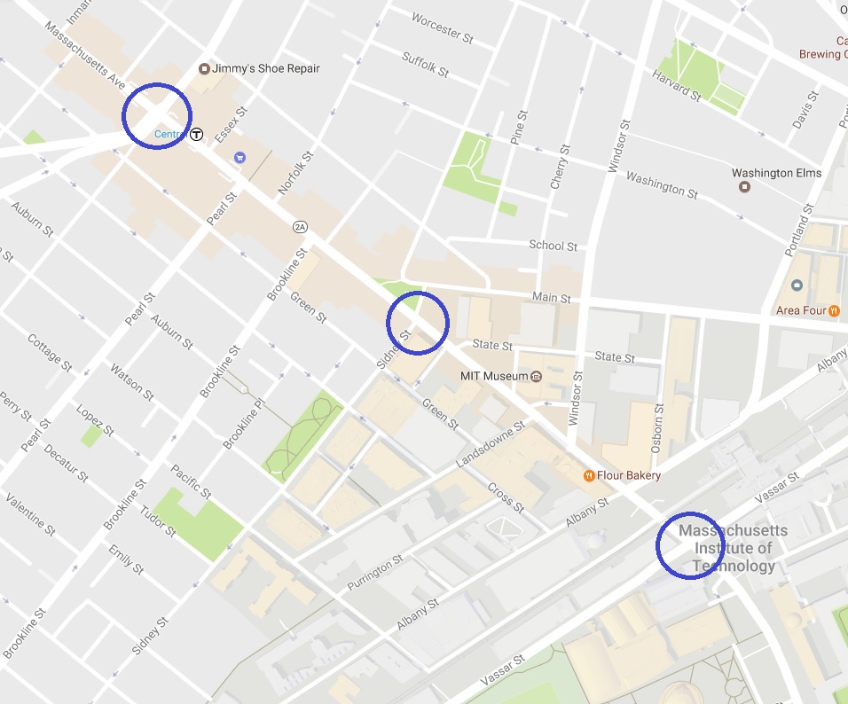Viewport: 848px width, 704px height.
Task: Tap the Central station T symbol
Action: pos(197,135)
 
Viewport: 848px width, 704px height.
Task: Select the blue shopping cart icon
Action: pos(239,157)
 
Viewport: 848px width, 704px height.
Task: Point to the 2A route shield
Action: pos(300,227)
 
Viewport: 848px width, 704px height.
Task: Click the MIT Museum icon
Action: pos(537,377)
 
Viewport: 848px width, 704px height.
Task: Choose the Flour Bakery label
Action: pos(628,476)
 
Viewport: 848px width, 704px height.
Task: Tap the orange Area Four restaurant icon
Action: pos(834,311)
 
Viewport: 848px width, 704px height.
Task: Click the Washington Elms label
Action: pos(776,173)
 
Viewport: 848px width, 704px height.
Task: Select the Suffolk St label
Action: pos(427,64)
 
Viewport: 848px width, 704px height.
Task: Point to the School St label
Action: pos(553,246)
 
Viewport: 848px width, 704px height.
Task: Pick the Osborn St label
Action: pos(657,429)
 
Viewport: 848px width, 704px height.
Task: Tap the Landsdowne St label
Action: pos(491,444)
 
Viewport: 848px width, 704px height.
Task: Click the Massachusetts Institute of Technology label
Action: pos(732,548)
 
